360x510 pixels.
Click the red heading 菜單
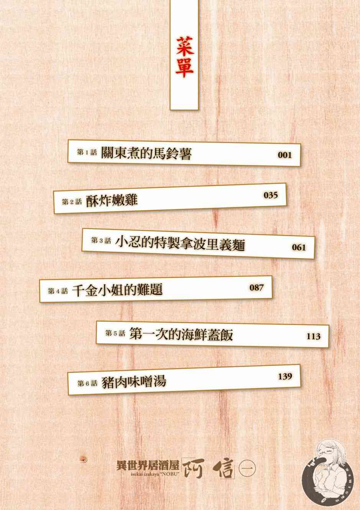[x=184, y=58]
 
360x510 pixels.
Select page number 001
[x=284, y=155]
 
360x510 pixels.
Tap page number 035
[x=270, y=195]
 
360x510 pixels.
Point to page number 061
[x=299, y=247]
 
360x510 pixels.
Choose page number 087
[x=256, y=287]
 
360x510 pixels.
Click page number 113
[x=313, y=336]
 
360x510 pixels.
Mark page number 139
[x=285, y=376]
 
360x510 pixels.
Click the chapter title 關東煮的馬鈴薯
[x=146, y=154]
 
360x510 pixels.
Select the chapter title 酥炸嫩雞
[x=112, y=200]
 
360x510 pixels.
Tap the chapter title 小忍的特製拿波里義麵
[x=180, y=244]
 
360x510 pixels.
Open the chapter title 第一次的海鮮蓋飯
[x=181, y=335]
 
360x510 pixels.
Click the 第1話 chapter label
[x=88, y=153]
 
